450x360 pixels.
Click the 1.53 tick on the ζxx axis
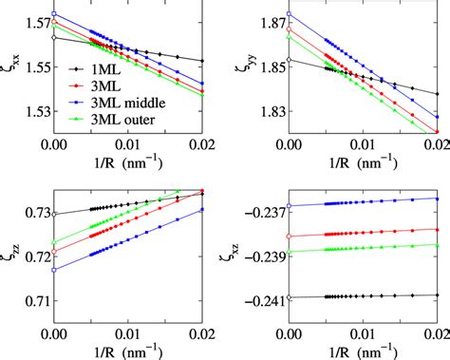[32, 112]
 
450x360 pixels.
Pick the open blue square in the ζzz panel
[54, 270]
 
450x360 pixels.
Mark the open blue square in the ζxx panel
[54, 15]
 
